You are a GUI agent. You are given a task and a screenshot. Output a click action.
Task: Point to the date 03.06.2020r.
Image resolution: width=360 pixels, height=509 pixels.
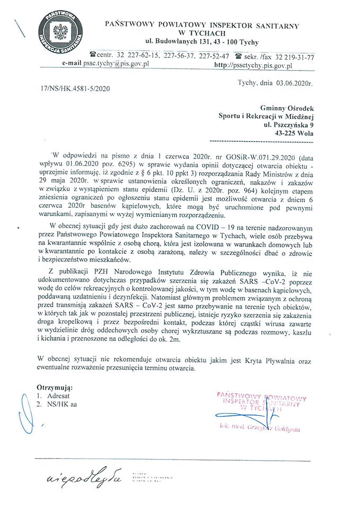tap(294, 83)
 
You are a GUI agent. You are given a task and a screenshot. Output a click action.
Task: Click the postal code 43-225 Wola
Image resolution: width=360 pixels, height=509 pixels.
tap(291, 134)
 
